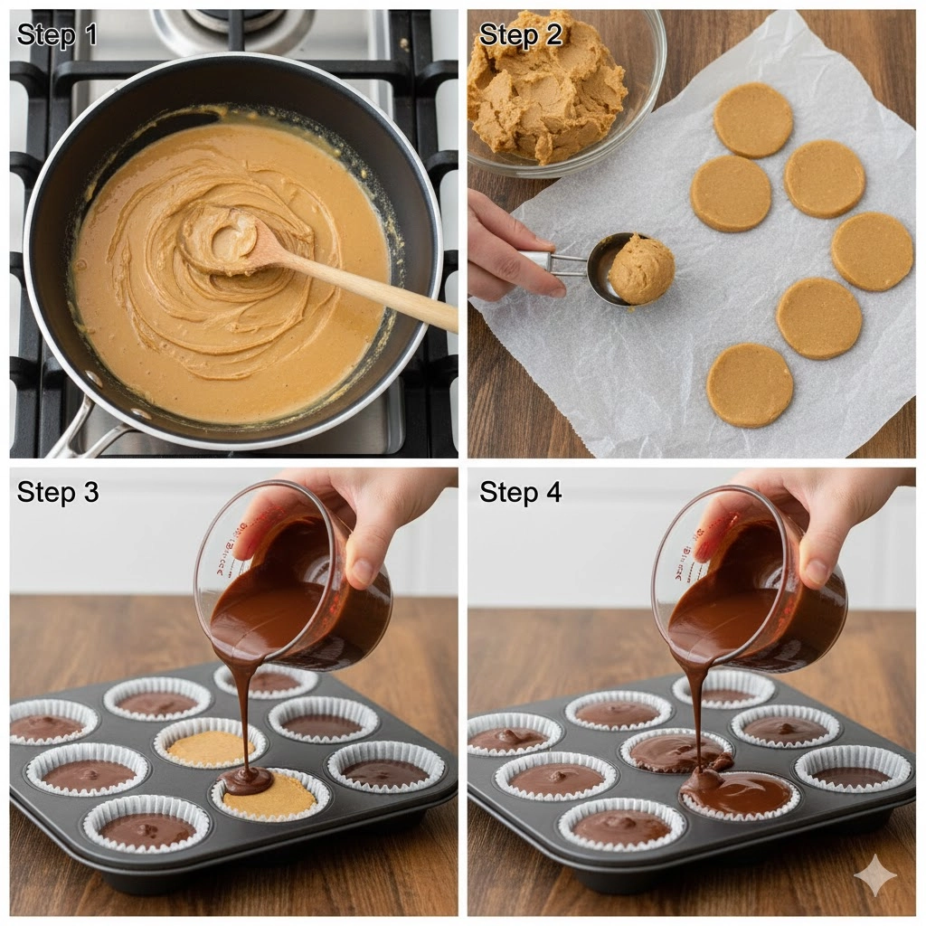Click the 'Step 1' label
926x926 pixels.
point(57,34)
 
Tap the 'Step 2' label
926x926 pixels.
point(520,34)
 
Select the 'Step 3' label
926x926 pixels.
point(58,492)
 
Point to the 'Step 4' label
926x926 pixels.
point(520,492)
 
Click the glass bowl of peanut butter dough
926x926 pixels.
point(561,89)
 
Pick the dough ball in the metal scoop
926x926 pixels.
point(641,269)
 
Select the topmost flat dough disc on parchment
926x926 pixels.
point(752,120)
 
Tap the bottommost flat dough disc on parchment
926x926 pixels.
point(750,384)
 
